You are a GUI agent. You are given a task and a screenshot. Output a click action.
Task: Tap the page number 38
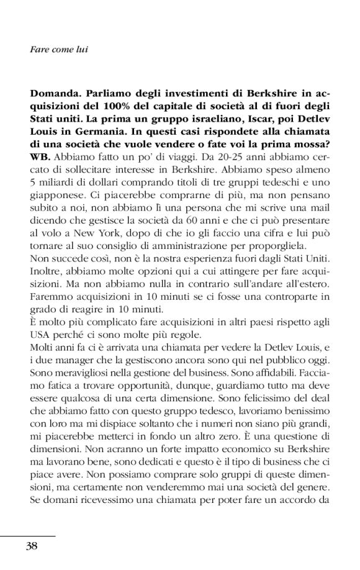(x=33, y=546)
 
